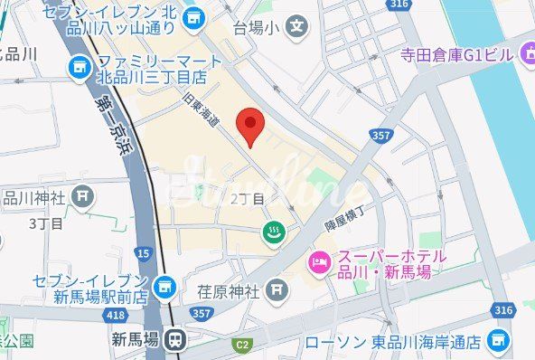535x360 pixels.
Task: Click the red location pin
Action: click(x=249, y=126)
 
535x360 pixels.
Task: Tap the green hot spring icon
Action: click(x=271, y=233)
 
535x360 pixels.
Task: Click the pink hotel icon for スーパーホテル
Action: click(x=319, y=262)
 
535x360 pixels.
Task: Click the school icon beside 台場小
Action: click(x=296, y=28)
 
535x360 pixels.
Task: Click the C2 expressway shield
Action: click(x=241, y=344)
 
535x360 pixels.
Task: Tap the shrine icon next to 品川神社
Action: click(x=84, y=194)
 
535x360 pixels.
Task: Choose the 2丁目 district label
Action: click(x=248, y=198)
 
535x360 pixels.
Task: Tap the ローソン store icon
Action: click(x=497, y=340)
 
